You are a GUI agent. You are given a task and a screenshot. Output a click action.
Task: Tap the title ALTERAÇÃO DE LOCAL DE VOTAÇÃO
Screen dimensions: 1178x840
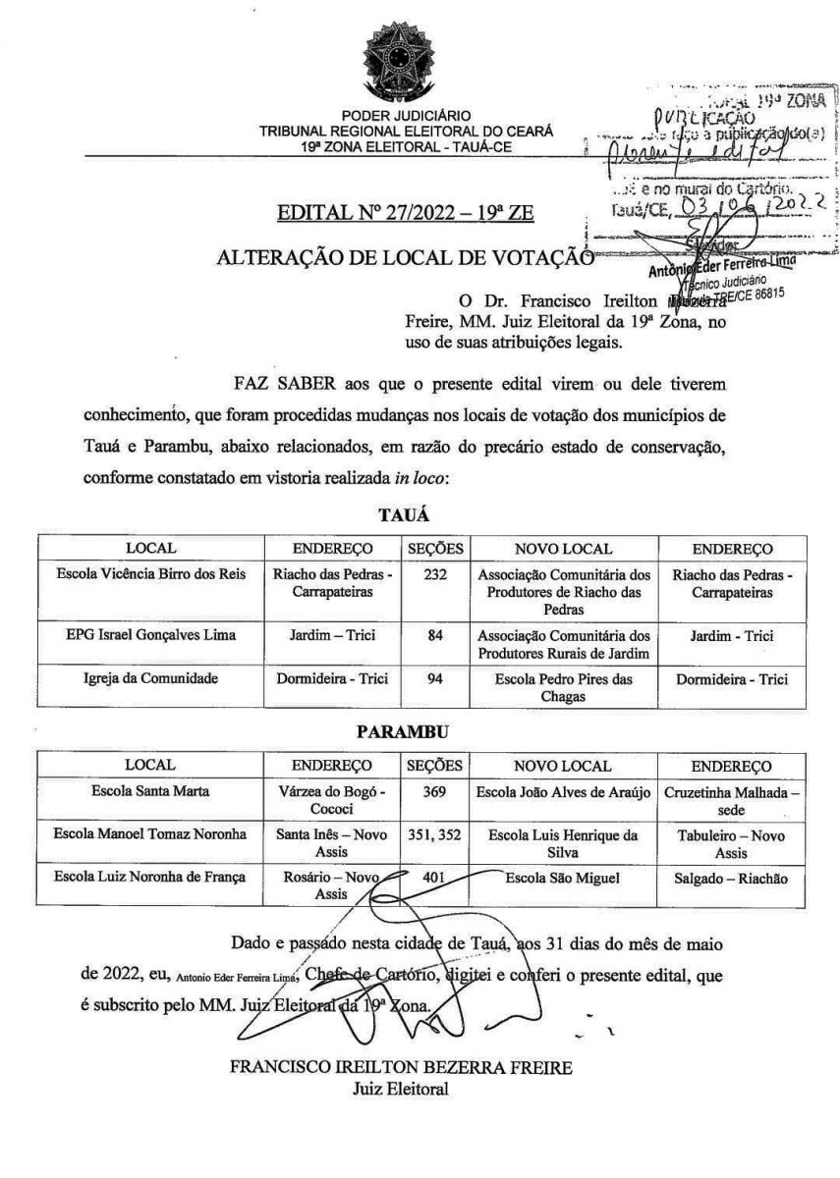click(x=399, y=258)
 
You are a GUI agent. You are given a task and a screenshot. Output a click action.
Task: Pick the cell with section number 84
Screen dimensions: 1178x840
click(x=436, y=636)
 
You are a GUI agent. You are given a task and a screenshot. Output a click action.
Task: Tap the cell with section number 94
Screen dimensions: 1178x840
click(x=436, y=678)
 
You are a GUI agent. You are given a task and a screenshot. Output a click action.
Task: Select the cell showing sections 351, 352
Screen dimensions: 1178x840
click(x=436, y=835)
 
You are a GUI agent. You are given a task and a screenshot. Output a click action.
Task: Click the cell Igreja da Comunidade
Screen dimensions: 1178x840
click(x=150, y=678)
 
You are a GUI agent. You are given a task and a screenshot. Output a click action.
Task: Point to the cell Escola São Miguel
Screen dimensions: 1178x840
click(x=556, y=878)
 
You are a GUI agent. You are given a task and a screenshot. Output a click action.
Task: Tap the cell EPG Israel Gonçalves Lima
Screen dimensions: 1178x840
click(x=150, y=636)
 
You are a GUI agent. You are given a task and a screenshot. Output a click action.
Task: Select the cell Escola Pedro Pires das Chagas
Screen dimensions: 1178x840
click(x=556, y=687)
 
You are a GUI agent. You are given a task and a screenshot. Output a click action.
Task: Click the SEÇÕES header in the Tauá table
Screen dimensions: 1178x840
click(x=436, y=548)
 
